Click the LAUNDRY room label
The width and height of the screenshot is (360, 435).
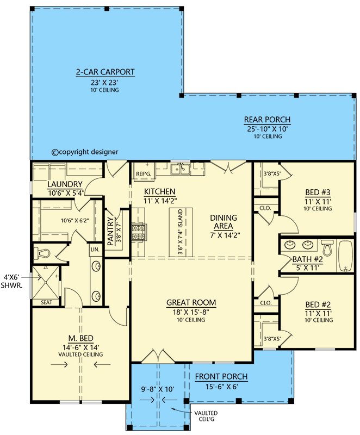[65, 184]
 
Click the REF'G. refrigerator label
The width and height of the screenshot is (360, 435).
[142, 174]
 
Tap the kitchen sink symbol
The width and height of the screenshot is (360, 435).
[180, 170]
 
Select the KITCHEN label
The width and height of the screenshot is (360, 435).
[159, 192]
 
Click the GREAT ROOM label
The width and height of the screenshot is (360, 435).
[191, 303]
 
